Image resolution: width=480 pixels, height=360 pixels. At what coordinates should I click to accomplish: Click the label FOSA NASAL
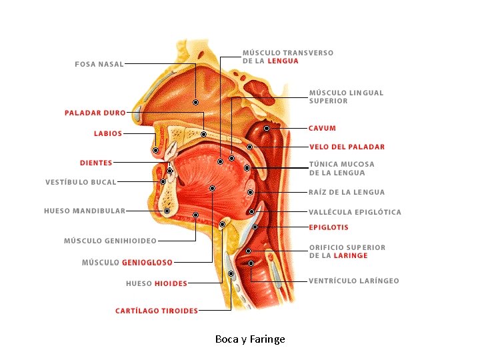(x=99, y=64)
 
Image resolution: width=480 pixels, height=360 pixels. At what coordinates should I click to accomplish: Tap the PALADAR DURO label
(x=95, y=113)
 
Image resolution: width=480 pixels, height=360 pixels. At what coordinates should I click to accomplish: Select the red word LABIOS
(x=108, y=133)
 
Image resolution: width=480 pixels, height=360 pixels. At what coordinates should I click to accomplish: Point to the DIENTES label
(x=96, y=163)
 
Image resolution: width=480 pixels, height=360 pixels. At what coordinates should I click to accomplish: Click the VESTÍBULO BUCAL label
(x=81, y=182)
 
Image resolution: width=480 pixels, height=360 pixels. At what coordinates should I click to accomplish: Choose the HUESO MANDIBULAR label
(x=85, y=211)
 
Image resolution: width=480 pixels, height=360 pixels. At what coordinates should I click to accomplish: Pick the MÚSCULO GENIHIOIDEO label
(x=110, y=241)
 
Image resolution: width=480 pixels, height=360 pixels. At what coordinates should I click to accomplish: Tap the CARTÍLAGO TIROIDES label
(x=157, y=311)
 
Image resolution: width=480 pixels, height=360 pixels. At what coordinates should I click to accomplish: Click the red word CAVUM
(x=322, y=128)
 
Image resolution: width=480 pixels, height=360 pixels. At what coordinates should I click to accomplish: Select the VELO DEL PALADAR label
(x=347, y=147)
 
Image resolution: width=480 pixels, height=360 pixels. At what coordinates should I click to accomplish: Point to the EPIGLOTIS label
(x=328, y=227)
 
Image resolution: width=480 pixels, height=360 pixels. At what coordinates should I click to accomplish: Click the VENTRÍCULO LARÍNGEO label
(x=353, y=281)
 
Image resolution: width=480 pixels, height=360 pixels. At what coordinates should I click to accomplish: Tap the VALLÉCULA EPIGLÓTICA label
(x=355, y=212)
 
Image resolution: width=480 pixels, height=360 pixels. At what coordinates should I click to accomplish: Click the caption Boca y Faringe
(x=250, y=339)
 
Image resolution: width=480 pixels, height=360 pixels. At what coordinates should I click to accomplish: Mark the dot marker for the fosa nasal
(x=196, y=102)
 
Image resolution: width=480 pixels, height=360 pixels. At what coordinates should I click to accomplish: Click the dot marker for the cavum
(x=266, y=128)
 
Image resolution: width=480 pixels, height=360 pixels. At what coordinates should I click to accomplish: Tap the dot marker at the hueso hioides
(x=222, y=225)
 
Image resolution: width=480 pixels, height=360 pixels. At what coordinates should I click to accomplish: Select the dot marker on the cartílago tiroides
(x=231, y=273)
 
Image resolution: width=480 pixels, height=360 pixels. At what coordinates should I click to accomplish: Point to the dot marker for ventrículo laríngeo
(x=251, y=263)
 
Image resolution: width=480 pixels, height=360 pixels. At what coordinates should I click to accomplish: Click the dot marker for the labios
(x=155, y=150)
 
